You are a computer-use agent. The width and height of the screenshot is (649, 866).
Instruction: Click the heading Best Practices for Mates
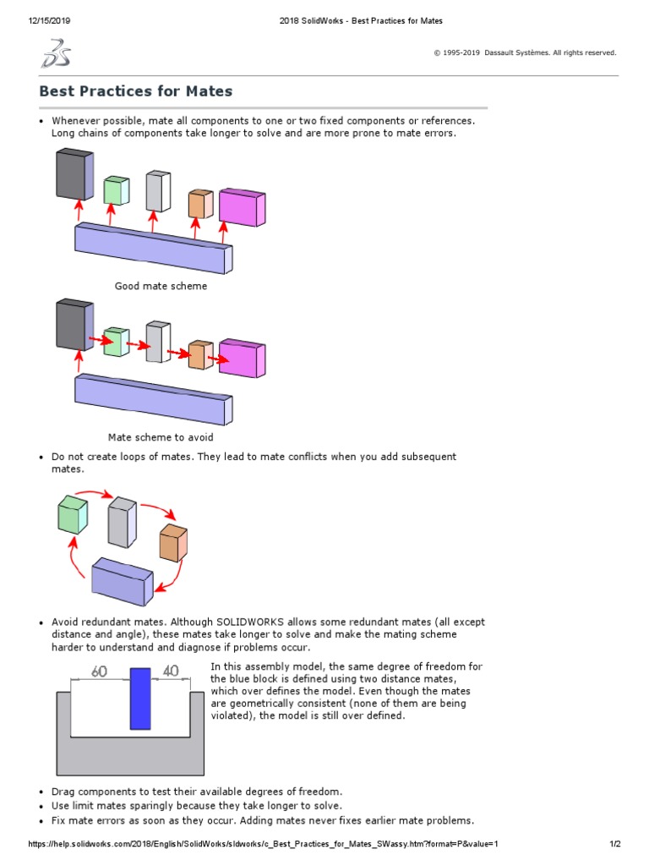(x=136, y=90)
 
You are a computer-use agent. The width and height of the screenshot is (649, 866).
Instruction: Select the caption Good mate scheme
(x=161, y=286)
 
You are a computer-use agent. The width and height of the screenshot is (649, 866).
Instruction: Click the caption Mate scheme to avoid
(x=161, y=437)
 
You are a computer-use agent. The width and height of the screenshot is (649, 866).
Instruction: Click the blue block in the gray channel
(x=140, y=699)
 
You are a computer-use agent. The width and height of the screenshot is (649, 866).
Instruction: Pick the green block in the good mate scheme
(x=116, y=191)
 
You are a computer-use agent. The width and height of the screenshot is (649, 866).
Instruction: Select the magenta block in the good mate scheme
(x=241, y=208)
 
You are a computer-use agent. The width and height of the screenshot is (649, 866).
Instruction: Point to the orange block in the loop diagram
(x=172, y=544)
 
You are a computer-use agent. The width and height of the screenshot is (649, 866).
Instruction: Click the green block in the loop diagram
(x=73, y=515)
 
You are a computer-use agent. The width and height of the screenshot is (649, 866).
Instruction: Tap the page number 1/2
(x=615, y=844)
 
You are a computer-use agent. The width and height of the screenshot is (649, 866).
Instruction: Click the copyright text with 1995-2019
(x=525, y=52)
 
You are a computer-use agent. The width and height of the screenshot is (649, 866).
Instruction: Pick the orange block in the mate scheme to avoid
(x=200, y=354)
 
